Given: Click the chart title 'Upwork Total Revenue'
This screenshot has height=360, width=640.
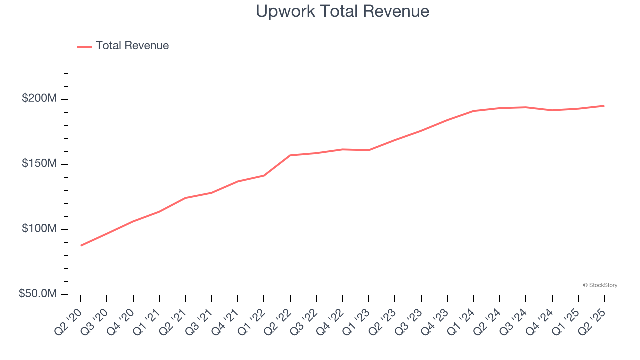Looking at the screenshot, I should point(342,11).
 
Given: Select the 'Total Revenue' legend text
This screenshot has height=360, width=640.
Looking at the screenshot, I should point(132,46).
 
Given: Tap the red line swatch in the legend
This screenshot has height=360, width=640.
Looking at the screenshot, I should point(85,47).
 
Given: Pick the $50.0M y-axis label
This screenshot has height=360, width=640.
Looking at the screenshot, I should point(38,294).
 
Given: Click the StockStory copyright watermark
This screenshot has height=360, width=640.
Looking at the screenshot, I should point(600,285).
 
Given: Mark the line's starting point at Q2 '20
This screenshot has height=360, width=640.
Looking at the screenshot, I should point(81,245).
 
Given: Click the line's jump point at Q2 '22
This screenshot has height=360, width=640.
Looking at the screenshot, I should point(290,155).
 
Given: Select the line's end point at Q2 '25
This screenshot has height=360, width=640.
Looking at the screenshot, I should point(604,106).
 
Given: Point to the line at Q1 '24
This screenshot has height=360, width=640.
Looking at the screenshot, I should point(473,111).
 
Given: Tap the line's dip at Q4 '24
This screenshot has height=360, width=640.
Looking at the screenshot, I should point(552,110).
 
